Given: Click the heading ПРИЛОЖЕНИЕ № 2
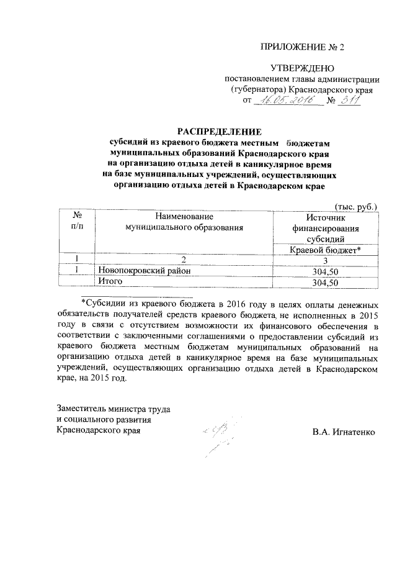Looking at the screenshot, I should [301, 47].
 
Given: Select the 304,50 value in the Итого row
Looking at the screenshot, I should [325, 282].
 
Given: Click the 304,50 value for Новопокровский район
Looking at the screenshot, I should [325, 271].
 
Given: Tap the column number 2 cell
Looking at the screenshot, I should [184, 260].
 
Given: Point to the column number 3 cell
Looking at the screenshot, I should [324, 260].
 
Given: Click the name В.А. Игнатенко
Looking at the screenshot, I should [344, 431].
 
